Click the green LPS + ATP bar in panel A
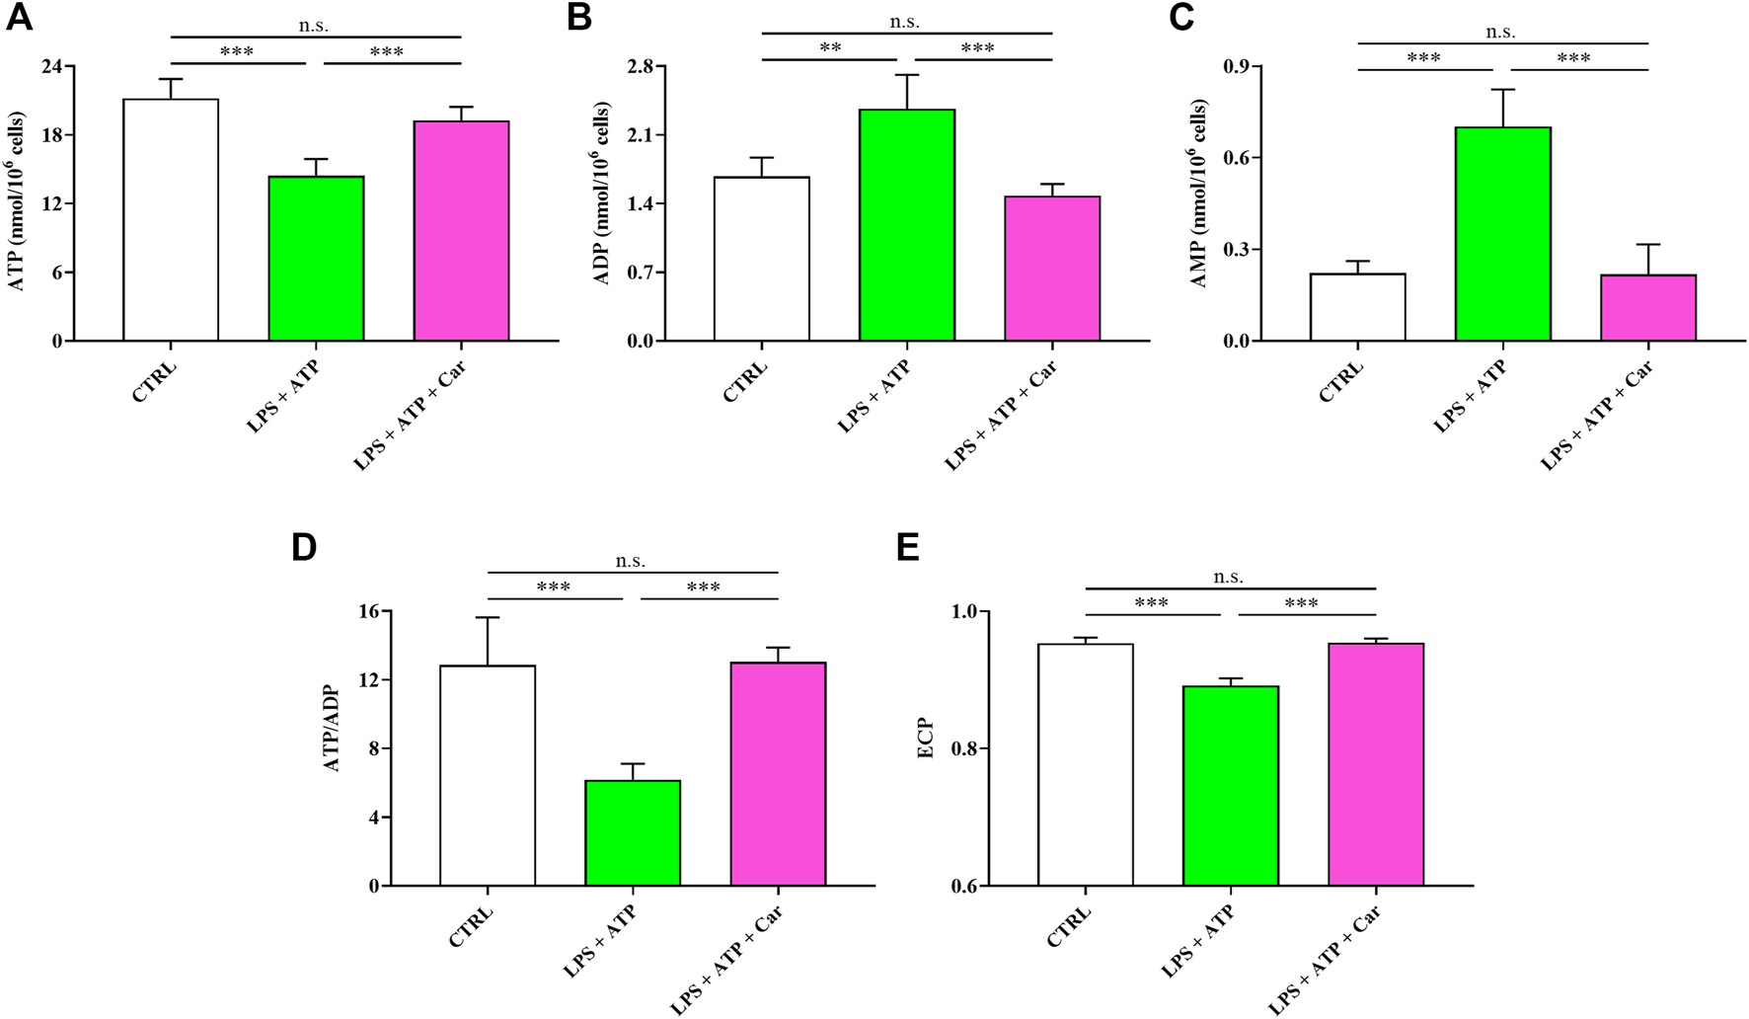(316, 259)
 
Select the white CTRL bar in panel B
(761, 259)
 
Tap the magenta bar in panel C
(1647, 308)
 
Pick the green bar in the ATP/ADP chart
(633, 833)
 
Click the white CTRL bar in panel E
(1085, 765)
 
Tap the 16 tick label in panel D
(366, 612)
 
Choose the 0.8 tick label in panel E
(963, 749)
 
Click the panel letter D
(304, 547)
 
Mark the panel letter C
(1182, 18)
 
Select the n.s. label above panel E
(1228, 578)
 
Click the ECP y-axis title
(926, 739)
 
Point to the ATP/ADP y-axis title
(333, 729)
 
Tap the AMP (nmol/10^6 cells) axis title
(1198, 194)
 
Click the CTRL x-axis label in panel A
(153, 383)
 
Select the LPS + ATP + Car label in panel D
(727, 961)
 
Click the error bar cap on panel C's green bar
(1503, 90)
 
